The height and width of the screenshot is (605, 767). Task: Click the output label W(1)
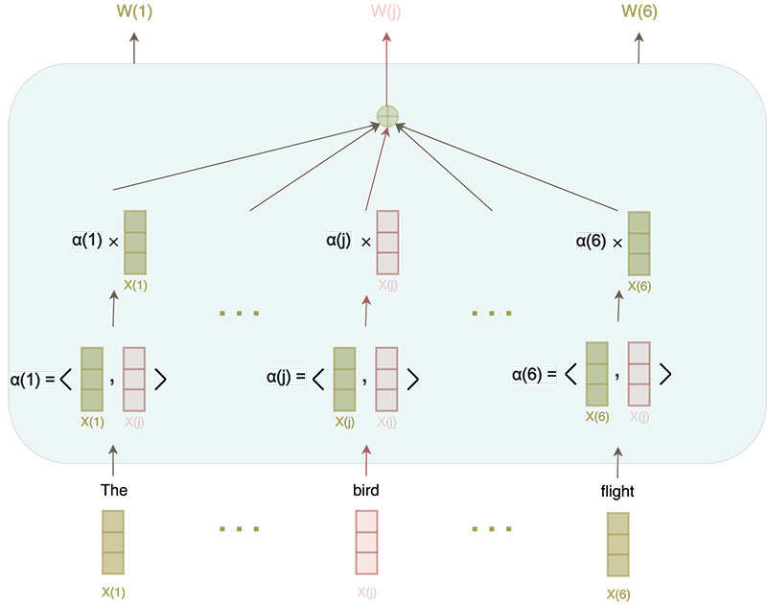(x=132, y=13)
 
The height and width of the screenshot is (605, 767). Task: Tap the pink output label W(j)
(x=386, y=13)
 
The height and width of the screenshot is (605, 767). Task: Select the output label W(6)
(x=639, y=13)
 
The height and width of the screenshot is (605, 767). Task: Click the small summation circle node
(x=386, y=116)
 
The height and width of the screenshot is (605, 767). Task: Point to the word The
(x=114, y=491)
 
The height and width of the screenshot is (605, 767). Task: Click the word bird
(x=365, y=491)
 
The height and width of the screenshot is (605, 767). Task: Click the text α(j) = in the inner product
(x=286, y=377)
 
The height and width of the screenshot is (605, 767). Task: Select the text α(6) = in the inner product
(x=534, y=372)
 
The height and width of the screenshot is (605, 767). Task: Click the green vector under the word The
(x=113, y=543)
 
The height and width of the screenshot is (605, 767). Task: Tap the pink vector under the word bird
(x=366, y=543)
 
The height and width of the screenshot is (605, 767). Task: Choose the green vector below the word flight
(x=617, y=545)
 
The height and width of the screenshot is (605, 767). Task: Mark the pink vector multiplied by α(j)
(x=387, y=243)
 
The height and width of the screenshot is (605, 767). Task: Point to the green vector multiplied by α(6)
(x=639, y=242)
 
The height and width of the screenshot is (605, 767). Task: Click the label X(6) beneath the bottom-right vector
(x=618, y=593)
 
